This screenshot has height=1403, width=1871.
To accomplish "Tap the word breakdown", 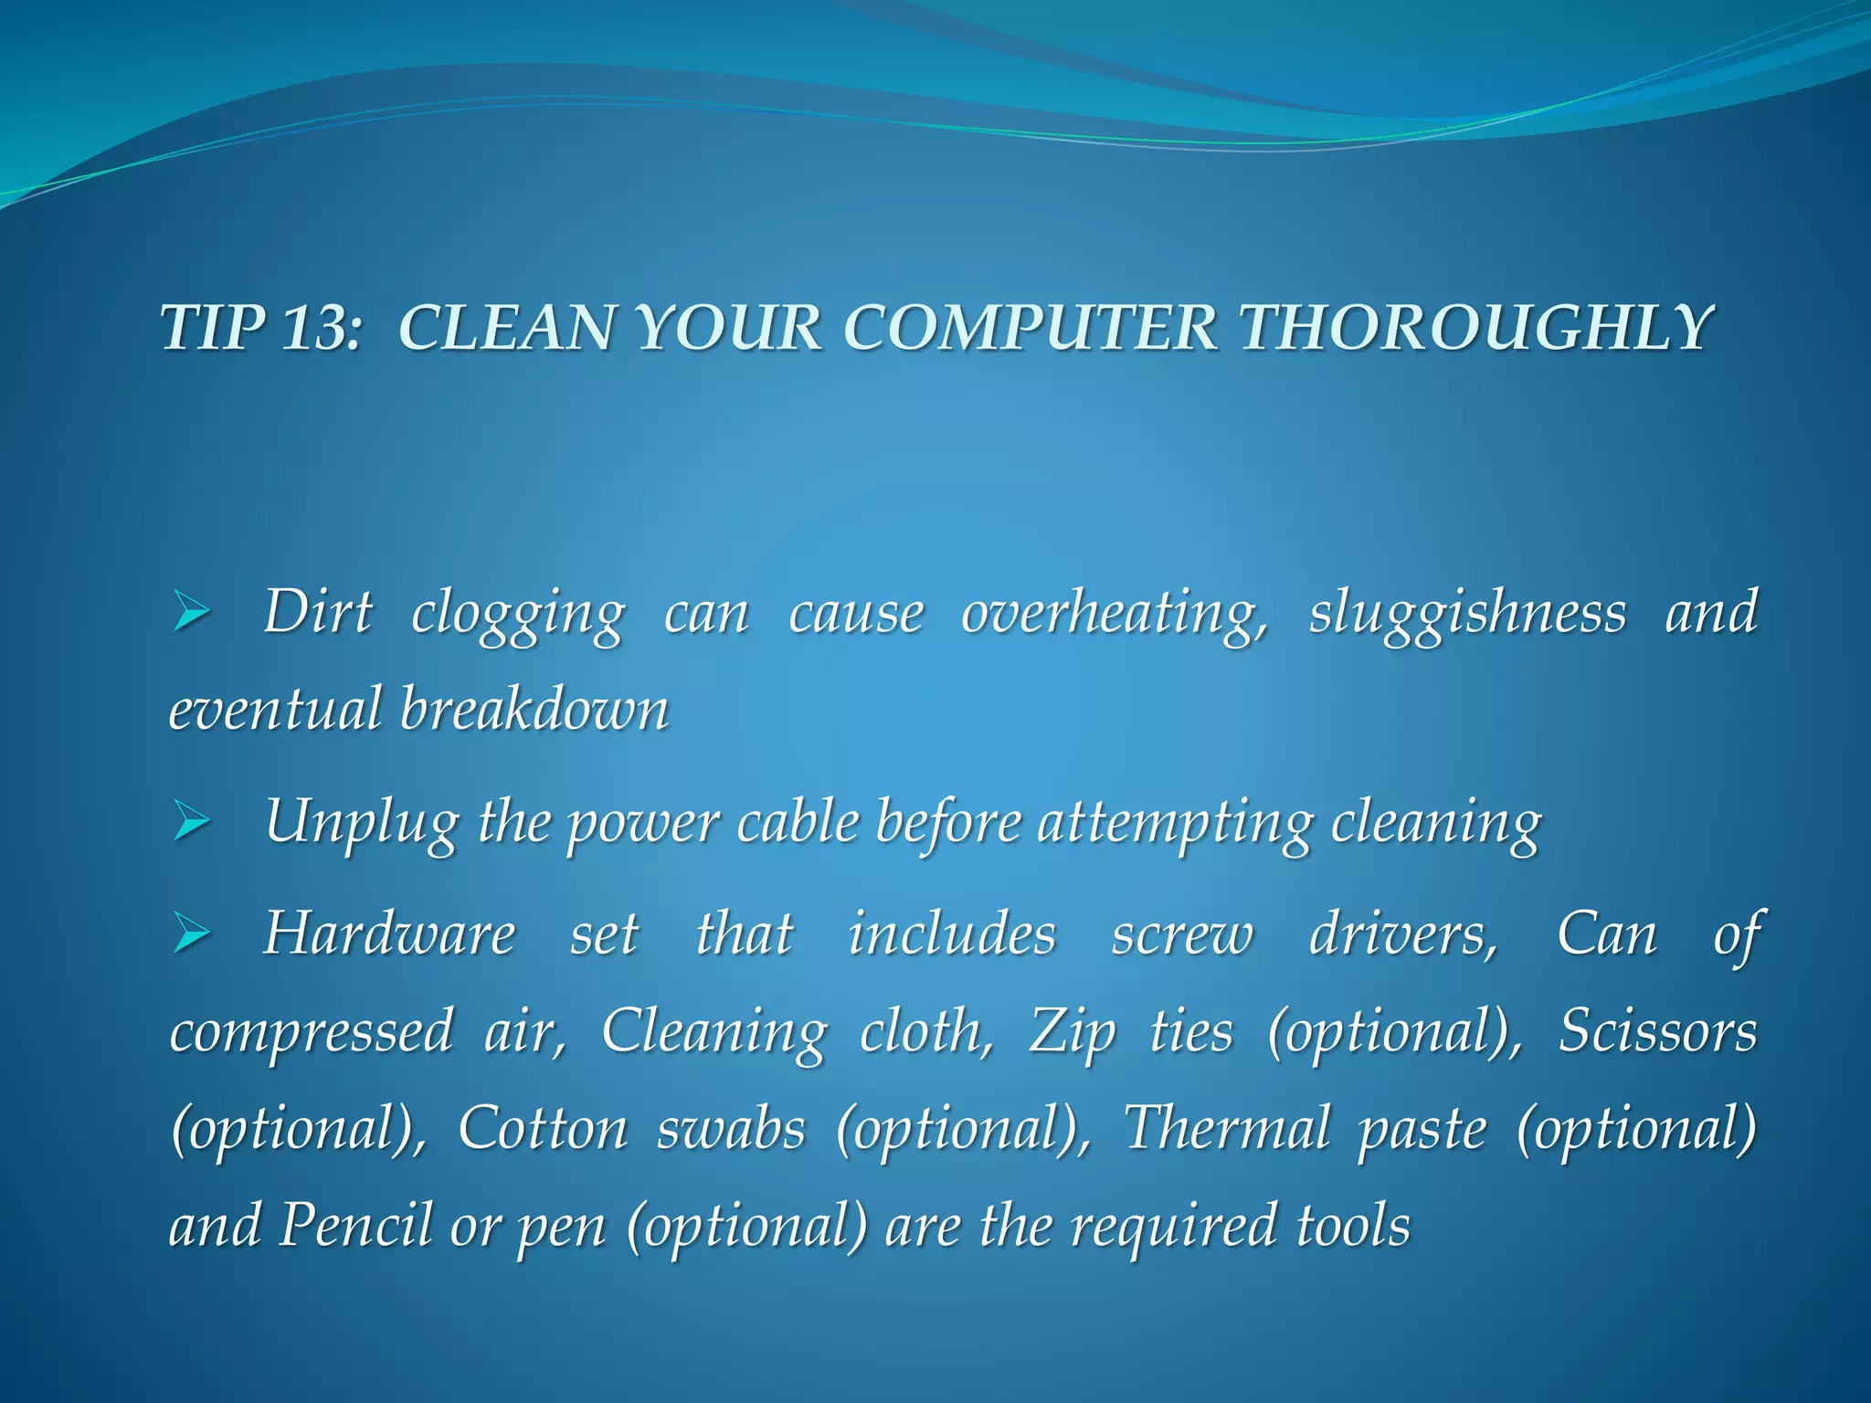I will pos(534,710).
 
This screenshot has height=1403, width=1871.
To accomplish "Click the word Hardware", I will pos(389,934).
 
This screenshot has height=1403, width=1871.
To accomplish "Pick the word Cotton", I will pos(542,1128).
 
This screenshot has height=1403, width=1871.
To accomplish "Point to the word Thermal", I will pos(1226,1128).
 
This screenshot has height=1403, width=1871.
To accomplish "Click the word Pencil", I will pos(354,1225).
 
